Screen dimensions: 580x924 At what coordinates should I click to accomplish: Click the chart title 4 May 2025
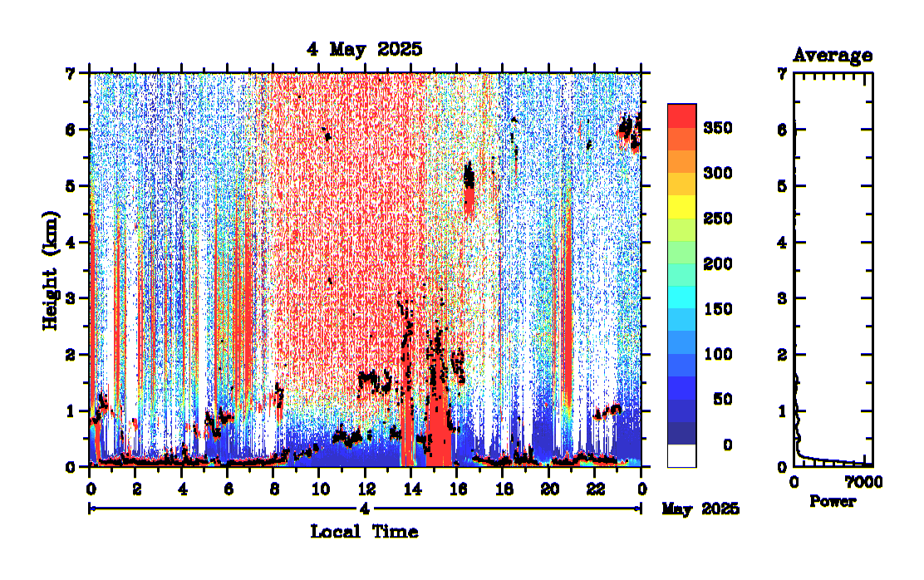[364, 49]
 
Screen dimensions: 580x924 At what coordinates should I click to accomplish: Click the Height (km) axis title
[52, 269]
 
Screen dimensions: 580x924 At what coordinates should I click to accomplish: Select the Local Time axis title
[364, 531]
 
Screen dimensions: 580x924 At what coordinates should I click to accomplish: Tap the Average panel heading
[833, 56]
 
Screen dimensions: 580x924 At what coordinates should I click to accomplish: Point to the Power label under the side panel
[833, 502]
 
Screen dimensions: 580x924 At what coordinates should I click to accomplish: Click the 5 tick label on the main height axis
[71, 185]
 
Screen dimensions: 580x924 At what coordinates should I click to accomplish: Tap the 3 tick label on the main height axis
[71, 297]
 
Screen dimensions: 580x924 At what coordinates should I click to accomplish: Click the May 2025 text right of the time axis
[700, 509]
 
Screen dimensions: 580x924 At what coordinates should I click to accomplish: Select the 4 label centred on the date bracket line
[365, 509]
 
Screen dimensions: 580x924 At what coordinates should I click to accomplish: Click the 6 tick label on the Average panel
[782, 130]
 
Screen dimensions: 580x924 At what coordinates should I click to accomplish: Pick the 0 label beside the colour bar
[727, 445]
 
